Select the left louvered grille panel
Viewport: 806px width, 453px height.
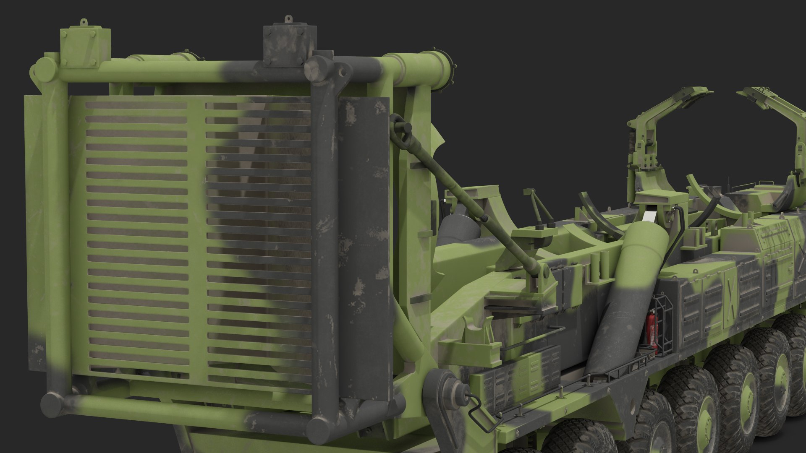tap(136, 235)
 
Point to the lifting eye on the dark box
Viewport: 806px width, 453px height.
tap(288, 19)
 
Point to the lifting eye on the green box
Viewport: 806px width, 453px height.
tap(84, 21)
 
